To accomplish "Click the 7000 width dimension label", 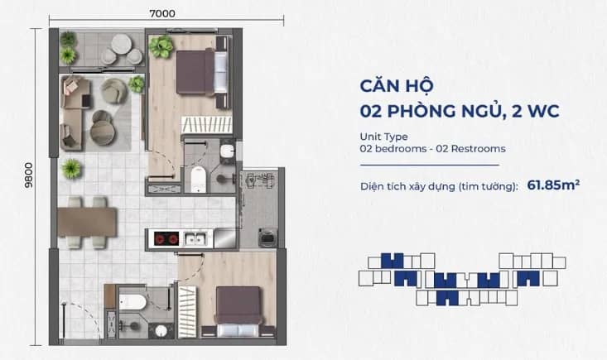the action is pyautogui.click(x=162, y=13).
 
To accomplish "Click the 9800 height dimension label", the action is pyautogui.click(x=29, y=175).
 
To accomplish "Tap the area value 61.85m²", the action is pyautogui.click(x=553, y=185).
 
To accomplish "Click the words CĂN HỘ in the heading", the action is pyautogui.click(x=397, y=86).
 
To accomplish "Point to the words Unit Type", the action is pyautogui.click(x=383, y=137).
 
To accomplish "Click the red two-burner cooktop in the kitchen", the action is pyautogui.click(x=166, y=238).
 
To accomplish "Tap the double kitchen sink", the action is pyautogui.click(x=195, y=238).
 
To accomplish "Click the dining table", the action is pyautogui.click(x=88, y=222).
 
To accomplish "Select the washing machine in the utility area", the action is pyautogui.click(x=267, y=237).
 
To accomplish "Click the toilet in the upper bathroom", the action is pyautogui.click(x=199, y=178).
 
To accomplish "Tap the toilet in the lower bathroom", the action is pyautogui.click(x=132, y=302).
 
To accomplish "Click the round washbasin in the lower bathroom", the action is pyautogui.click(x=161, y=330).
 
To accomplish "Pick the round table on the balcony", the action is pyautogui.click(x=122, y=44).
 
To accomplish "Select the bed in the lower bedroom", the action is pyautogui.click(x=238, y=312).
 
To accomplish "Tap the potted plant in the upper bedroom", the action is pyautogui.click(x=161, y=47).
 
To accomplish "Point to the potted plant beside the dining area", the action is pyautogui.click(x=71, y=169).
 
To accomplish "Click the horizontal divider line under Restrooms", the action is pyautogui.click(x=430, y=166).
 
